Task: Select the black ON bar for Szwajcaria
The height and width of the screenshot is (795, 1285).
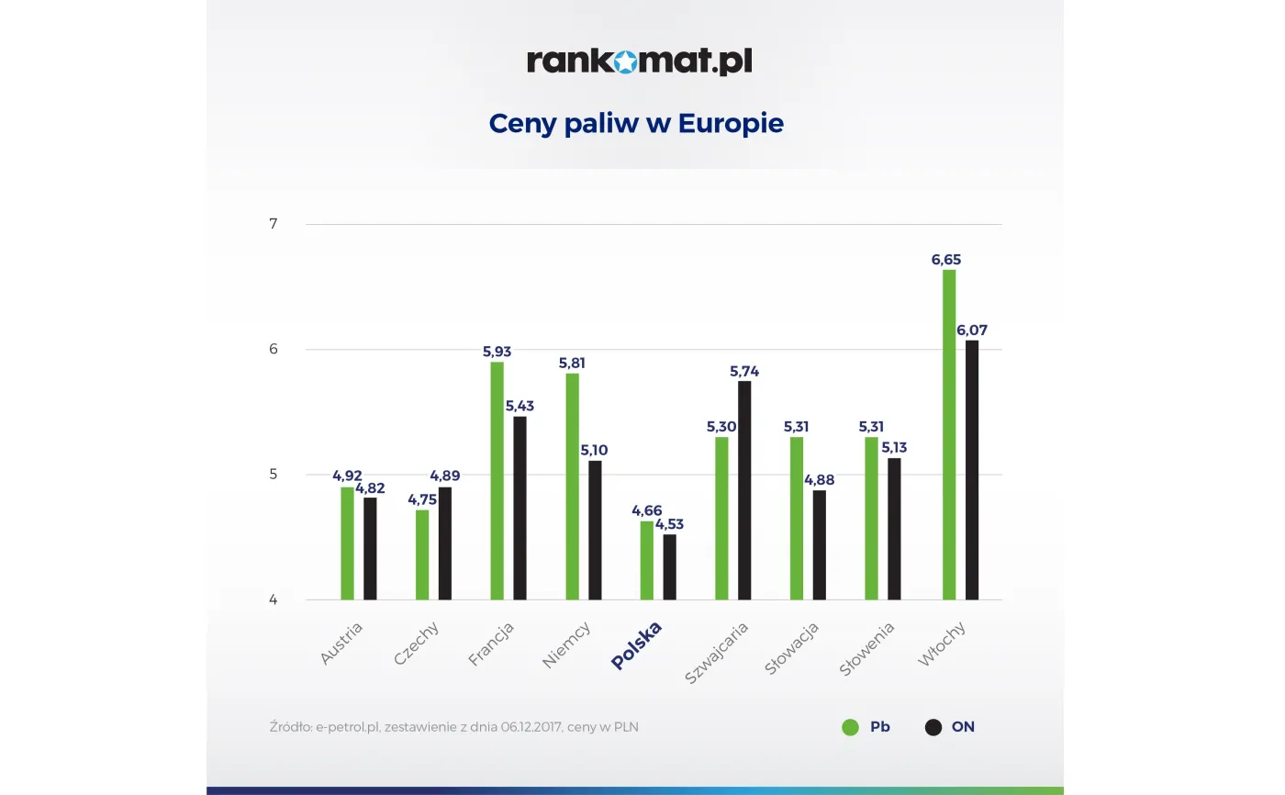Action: click(744, 490)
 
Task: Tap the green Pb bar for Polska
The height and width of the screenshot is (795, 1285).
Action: click(647, 560)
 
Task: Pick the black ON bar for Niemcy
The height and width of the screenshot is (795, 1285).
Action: click(595, 530)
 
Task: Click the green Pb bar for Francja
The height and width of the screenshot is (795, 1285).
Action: click(497, 480)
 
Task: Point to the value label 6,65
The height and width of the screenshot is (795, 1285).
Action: click(946, 260)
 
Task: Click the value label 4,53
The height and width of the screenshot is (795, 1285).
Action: click(669, 524)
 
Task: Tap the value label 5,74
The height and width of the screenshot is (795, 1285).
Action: click(744, 371)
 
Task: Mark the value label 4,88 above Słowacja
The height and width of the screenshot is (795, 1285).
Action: click(819, 480)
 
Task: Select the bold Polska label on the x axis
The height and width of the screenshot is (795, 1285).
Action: click(636, 646)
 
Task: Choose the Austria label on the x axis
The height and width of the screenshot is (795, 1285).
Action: click(341, 644)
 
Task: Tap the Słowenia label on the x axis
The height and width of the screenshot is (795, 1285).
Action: click(866, 649)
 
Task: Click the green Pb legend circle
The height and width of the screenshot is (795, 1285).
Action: click(850, 727)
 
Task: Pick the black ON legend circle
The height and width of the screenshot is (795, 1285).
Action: click(933, 727)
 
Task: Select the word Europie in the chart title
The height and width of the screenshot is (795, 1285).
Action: click(731, 123)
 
